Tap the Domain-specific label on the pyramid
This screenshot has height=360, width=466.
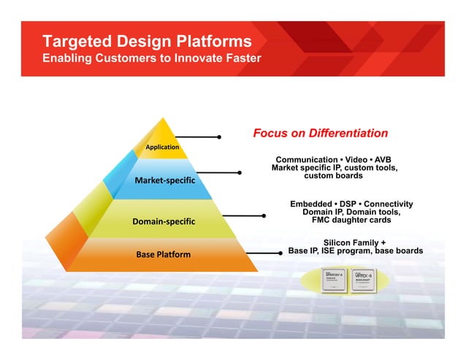(164, 221)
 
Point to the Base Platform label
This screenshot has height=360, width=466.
(163, 254)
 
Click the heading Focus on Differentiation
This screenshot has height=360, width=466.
(320, 134)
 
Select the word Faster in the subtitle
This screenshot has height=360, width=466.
(238, 58)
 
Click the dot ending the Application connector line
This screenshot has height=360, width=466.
(218, 137)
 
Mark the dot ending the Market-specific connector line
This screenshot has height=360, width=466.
(240, 173)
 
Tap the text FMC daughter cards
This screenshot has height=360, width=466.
(351, 220)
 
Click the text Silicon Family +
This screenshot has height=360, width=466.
(354, 242)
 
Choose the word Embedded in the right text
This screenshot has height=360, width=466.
(311, 204)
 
